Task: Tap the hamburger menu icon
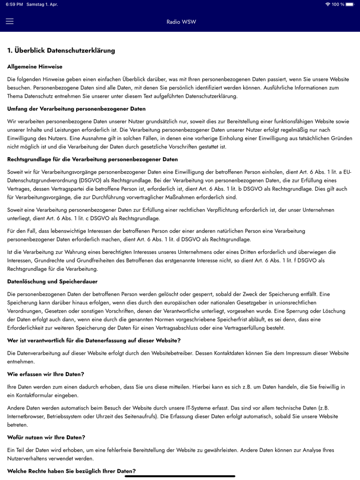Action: pos(10,22)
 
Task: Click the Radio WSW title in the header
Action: pos(181,22)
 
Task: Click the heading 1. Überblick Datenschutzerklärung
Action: pos(61,50)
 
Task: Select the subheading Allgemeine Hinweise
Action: pos(35,67)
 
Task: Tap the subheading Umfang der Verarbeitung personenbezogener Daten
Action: pos(77,109)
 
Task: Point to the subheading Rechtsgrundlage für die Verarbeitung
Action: pos(93,159)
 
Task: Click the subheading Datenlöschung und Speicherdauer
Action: pos(52,282)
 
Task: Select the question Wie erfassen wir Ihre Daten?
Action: pos(46,374)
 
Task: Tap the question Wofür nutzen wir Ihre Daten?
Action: pos(46,437)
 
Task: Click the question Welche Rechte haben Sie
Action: pos(71,471)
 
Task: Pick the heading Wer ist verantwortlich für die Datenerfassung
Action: pos(94,340)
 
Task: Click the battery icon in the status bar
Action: pos(353,5)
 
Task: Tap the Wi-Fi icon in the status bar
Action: pos(328,5)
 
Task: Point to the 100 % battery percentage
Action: pos(338,5)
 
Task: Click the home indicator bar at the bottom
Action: pos(180,476)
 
